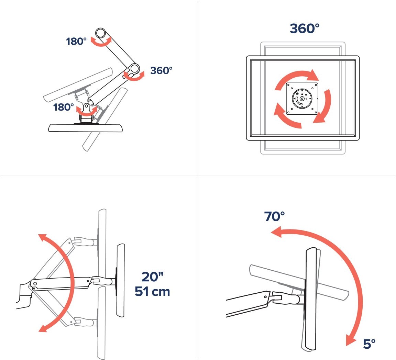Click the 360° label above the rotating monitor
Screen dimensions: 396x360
tap(304, 29)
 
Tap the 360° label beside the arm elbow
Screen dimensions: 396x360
tap(161, 70)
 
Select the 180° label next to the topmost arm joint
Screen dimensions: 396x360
tap(76, 41)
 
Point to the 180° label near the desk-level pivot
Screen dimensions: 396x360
tap(63, 107)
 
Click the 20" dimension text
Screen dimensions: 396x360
tap(152, 277)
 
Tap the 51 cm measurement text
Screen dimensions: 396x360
tap(152, 291)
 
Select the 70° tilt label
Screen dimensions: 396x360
tap(275, 216)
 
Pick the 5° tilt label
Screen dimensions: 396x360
tap(369, 344)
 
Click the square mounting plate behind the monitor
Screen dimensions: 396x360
tap(302, 99)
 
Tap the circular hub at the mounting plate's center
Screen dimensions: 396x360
tap(302, 99)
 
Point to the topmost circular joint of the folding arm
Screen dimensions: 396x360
tap(100, 33)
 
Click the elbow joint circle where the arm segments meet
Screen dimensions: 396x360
tap(135, 68)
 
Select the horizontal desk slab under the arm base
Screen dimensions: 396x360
tap(86, 128)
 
